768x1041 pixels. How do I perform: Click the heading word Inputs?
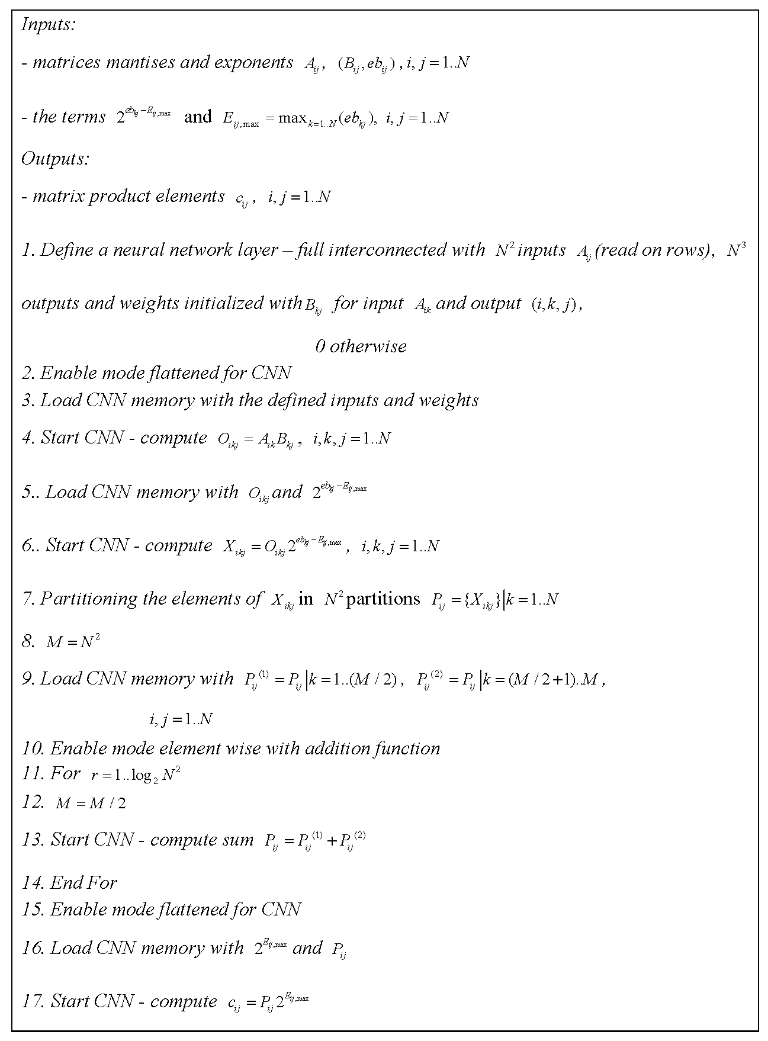click(47, 25)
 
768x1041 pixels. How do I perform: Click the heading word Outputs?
click(54, 159)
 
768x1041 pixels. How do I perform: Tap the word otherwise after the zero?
click(368, 346)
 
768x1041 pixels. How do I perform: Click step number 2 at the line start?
click(28, 373)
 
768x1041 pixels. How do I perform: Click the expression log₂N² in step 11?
click(155, 775)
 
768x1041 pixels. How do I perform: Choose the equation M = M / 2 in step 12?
click(90, 804)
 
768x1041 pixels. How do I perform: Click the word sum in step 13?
click(238, 840)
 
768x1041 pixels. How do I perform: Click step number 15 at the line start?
click(33, 910)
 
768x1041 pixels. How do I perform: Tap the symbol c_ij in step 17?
click(233, 1003)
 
